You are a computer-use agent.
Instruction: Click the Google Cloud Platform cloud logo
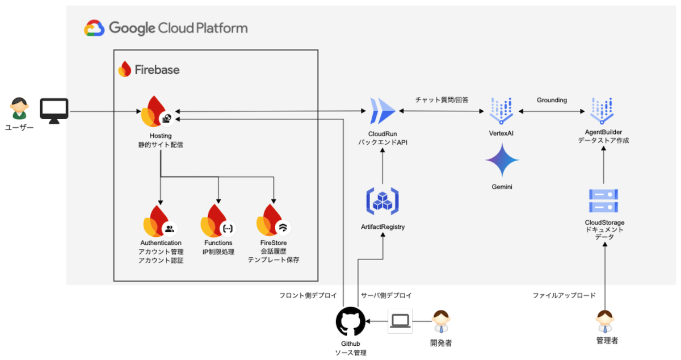pos(94,28)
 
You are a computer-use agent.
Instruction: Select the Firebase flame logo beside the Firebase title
pos(124,69)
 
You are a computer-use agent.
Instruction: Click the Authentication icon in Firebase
pos(159,221)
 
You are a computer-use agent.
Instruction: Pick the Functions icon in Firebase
pos(217,221)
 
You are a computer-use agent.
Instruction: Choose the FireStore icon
pos(273,221)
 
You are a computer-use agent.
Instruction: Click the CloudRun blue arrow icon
pos(382,111)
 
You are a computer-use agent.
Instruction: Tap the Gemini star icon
pos(502,161)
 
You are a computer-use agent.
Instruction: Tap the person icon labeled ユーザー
pos(19,108)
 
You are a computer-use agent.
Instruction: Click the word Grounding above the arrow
pos(552,100)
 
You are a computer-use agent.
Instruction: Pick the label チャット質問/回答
pos(442,100)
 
